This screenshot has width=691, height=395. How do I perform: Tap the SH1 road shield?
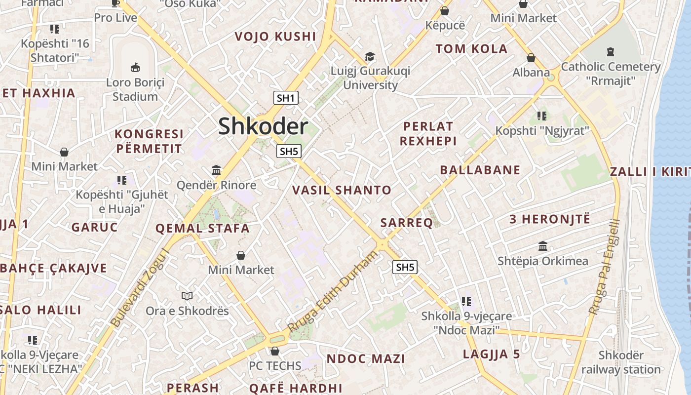click(286, 98)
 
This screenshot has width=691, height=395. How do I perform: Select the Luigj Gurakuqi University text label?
click(370, 78)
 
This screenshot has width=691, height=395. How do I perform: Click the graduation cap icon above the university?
click(370, 57)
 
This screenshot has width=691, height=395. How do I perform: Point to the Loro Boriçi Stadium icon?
click(135, 67)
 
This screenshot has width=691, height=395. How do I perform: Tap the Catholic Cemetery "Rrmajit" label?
click(611, 73)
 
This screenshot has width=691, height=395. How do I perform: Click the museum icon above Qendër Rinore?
click(216, 170)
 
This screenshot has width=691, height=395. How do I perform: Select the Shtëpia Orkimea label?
click(543, 261)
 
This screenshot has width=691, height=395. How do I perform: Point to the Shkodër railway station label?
click(621, 362)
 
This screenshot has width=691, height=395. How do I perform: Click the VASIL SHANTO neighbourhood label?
click(342, 190)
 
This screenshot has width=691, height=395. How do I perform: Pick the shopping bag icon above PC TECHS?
click(275, 351)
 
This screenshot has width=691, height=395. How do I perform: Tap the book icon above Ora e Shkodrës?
click(187, 296)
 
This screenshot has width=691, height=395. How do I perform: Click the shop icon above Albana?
click(531, 58)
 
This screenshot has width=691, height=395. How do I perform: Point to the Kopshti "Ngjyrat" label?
click(542, 131)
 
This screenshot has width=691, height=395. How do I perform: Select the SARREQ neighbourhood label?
click(407, 223)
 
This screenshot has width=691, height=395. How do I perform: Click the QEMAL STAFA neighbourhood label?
click(202, 228)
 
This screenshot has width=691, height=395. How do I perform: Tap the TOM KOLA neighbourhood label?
click(471, 48)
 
